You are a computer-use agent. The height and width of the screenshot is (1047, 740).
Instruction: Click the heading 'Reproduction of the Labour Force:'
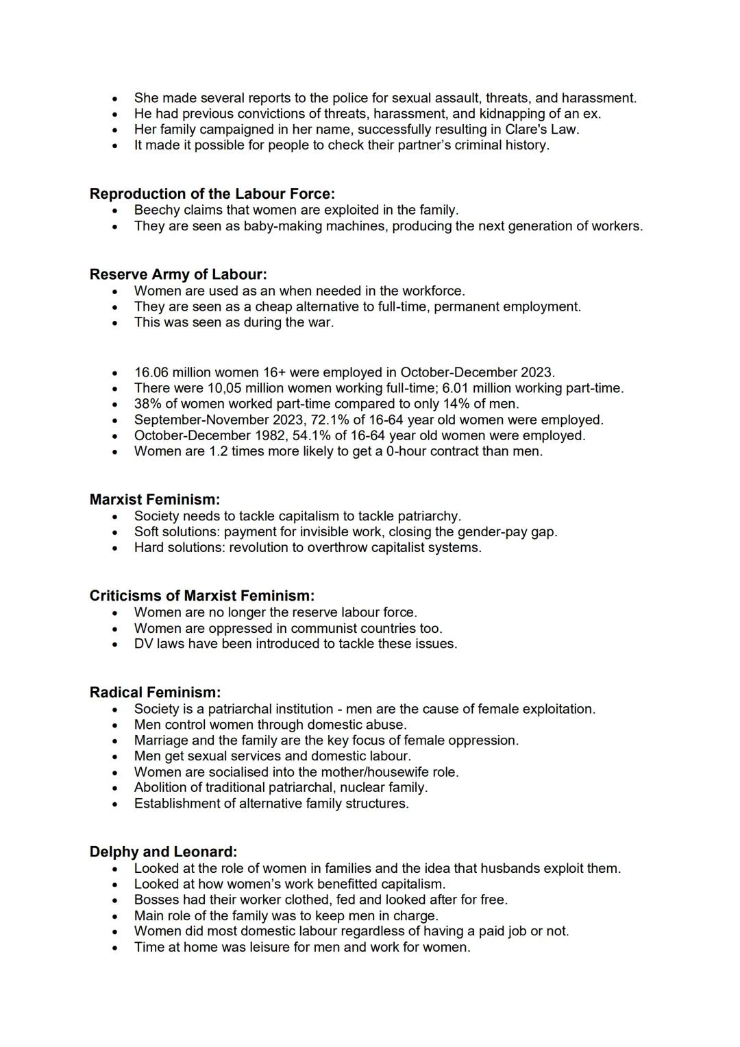click(x=212, y=194)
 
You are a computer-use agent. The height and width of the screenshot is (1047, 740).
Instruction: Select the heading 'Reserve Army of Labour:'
click(x=178, y=274)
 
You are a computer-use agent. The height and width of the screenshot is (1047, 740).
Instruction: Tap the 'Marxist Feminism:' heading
click(x=155, y=500)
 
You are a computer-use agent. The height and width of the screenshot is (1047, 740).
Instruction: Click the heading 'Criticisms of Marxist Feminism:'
click(x=202, y=596)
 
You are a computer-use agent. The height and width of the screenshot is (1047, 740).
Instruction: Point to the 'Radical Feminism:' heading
click(x=155, y=693)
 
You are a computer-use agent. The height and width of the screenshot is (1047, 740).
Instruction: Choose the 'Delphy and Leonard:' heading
click(x=163, y=852)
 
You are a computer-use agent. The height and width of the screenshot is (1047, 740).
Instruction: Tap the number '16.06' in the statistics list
click(x=151, y=372)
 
